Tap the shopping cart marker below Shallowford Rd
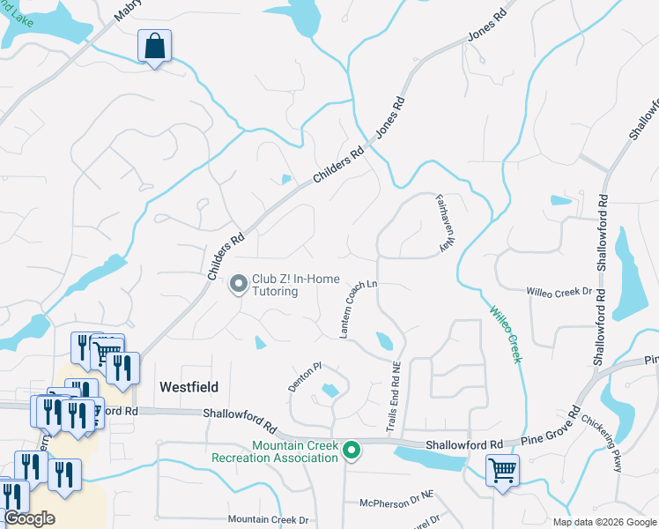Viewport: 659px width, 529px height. point(502,470)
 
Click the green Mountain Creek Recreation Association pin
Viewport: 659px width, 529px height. point(352,451)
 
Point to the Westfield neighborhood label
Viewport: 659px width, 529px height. point(189,386)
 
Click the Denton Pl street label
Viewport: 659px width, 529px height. point(307,376)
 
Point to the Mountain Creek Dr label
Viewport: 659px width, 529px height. point(268,520)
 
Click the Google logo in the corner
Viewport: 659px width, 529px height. point(29,518)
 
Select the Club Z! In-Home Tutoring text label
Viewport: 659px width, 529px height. point(295,285)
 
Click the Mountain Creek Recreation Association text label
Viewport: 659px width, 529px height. point(275,451)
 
